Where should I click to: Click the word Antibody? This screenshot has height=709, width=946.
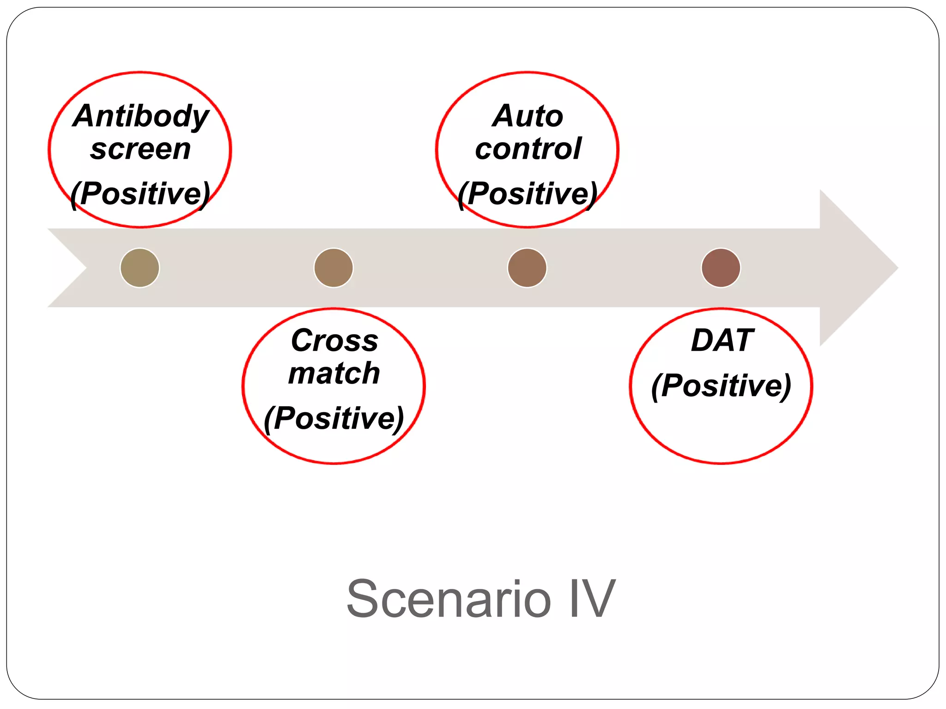click(x=141, y=116)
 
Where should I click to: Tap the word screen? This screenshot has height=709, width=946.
click(x=140, y=149)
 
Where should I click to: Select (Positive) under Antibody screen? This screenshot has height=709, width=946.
click(x=140, y=193)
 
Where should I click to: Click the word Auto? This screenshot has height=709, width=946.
click(x=528, y=116)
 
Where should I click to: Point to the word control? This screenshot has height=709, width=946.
click(x=528, y=149)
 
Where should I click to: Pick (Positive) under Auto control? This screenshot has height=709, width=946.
click(x=528, y=193)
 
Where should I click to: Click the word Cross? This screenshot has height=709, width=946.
click(x=334, y=341)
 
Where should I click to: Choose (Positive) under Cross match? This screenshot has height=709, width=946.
click(x=334, y=418)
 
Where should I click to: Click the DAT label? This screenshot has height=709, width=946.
click(x=722, y=341)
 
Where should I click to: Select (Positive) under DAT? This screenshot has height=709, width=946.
click(x=721, y=385)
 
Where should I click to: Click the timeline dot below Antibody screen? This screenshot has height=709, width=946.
click(x=140, y=268)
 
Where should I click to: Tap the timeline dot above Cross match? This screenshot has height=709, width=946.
click(x=334, y=268)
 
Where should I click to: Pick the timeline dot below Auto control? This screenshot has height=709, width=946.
click(x=527, y=268)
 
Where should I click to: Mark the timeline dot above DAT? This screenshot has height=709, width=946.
click(x=721, y=268)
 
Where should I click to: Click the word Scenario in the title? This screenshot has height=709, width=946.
click(x=449, y=599)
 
